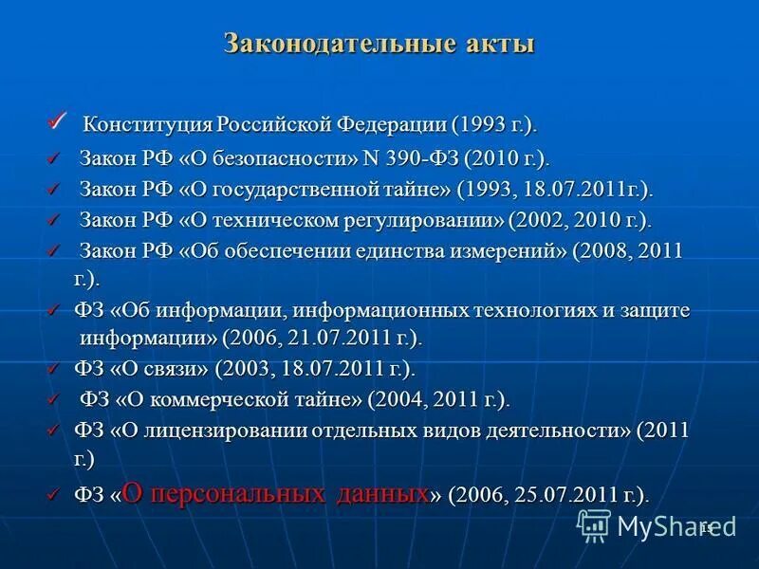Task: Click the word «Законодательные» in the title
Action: (x=313, y=44)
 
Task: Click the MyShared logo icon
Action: (x=594, y=524)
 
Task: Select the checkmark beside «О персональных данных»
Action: (x=54, y=493)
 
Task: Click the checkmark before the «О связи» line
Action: (x=54, y=368)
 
